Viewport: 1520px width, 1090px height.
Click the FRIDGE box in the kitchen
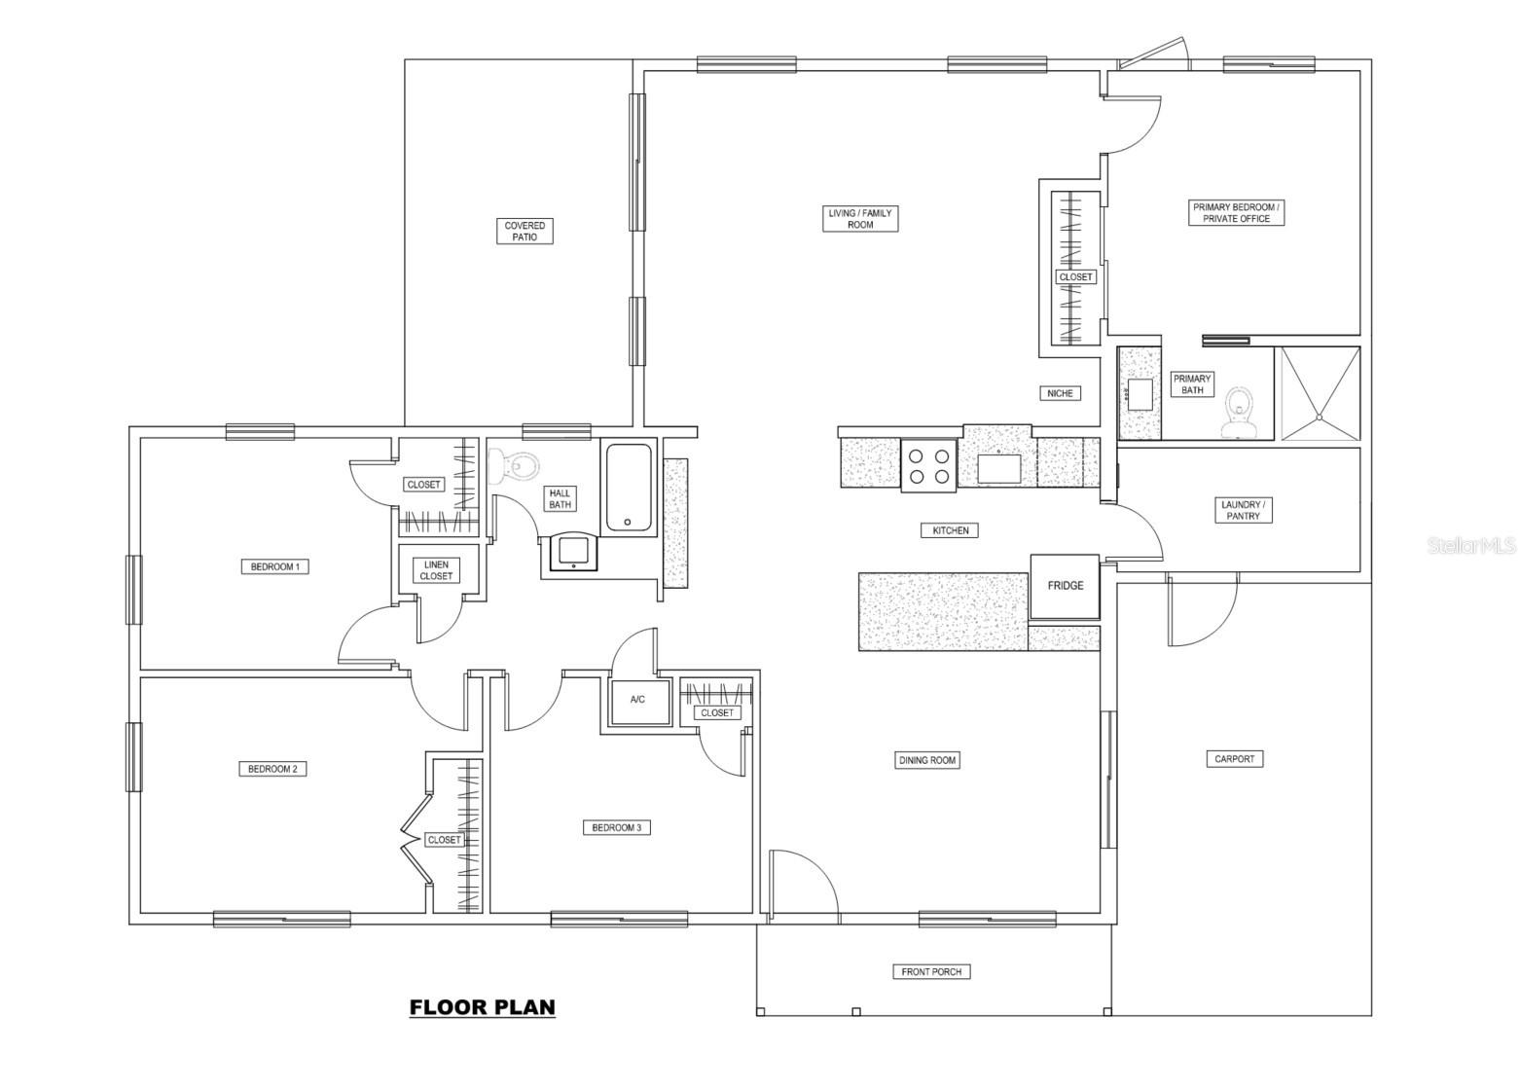coord(1065,587)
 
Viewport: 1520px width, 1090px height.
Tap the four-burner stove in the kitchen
coord(929,465)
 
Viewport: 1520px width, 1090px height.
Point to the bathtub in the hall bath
coord(629,488)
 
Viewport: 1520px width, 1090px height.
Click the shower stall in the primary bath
coord(1320,393)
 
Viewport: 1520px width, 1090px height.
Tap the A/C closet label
coord(637,699)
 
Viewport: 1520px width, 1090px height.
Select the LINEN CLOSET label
coord(436,570)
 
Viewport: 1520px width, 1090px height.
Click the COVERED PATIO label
coord(525,232)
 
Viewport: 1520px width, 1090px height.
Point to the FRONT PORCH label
coord(931,972)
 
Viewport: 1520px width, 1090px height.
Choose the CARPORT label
coord(1234,759)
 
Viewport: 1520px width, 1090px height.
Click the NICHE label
coord(1060,393)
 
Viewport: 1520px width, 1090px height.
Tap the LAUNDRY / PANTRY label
coord(1243,510)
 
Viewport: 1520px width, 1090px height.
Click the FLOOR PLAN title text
coord(483,1007)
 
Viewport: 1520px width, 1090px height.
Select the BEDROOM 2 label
coord(272,769)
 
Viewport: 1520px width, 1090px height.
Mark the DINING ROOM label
coord(927,761)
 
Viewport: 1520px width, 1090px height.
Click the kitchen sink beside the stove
coord(998,468)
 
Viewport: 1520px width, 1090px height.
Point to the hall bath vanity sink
coord(574,551)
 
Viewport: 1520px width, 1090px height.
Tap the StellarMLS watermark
coord(1471,546)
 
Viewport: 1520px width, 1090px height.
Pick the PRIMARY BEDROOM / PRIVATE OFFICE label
coord(1237,212)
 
